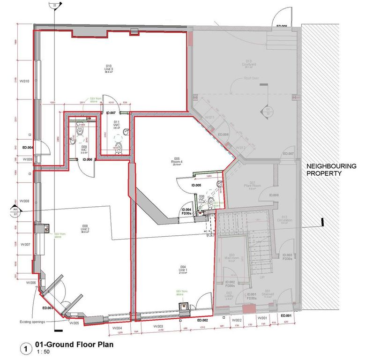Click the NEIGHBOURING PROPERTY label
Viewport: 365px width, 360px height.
[x=331, y=170]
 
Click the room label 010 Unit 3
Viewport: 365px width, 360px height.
[x=109, y=68]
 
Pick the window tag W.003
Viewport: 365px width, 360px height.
[x=158, y=326]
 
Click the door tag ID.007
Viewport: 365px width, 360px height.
[x=111, y=113]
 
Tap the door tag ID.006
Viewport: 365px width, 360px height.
[x=87, y=159]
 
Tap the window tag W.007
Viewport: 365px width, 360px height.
[x=24, y=244]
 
